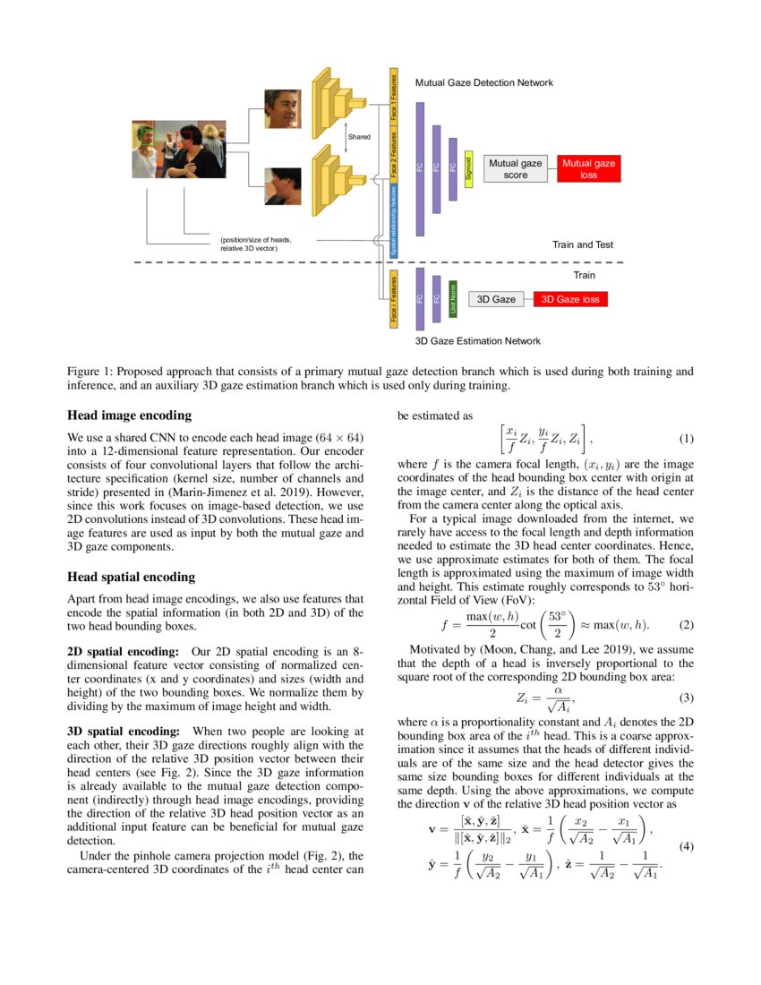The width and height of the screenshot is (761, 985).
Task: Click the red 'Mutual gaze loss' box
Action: (588, 169)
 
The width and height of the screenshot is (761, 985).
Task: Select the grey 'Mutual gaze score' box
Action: (516, 169)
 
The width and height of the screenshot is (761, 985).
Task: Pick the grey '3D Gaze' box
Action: (496, 299)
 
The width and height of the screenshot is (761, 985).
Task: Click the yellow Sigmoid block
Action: (468, 169)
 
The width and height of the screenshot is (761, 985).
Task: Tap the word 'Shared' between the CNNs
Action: (359, 136)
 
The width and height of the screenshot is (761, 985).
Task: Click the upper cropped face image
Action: (282, 108)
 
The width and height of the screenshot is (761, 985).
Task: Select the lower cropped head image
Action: (282, 186)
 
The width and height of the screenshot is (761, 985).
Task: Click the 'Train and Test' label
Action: (582, 244)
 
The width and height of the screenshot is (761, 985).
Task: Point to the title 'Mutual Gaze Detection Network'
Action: (483, 82)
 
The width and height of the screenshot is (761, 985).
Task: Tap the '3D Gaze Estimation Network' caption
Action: (477, 341)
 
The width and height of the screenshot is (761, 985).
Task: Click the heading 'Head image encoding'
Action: (129, 415)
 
